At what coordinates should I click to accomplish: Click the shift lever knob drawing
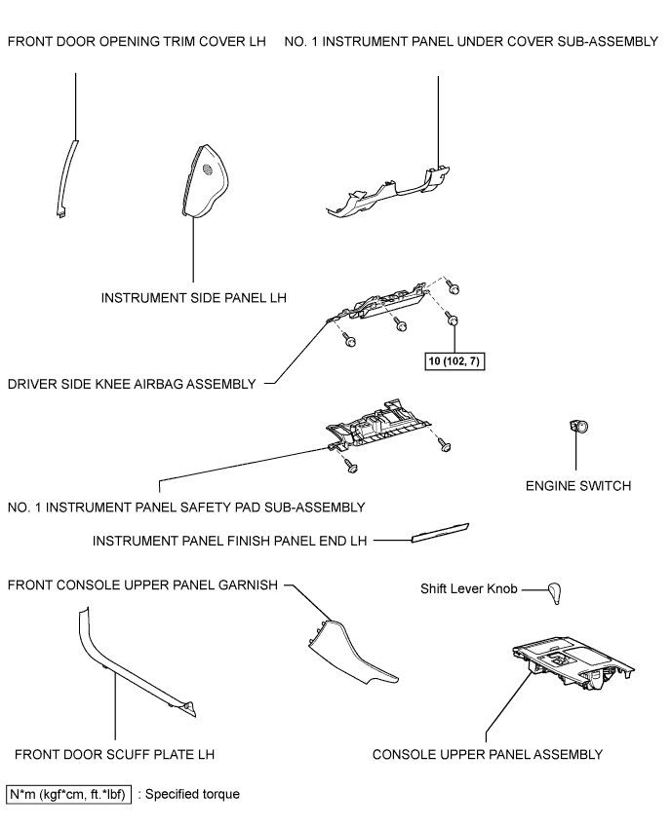pos(555,593)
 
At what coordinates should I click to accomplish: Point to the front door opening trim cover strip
pos(65,180)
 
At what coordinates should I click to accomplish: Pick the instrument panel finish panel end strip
pos(440,533)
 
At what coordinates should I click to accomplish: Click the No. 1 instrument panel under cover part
pos(388,194)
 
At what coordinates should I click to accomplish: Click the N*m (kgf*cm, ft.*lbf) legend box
pos(68,794)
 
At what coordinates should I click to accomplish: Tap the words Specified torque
pos(192,794)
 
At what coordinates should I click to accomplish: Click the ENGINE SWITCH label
pos(578,486)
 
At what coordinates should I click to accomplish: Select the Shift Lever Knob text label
pos(469,589)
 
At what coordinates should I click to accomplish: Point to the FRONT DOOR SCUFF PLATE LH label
pos(115,754)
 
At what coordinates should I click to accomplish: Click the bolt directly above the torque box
pos(452,320)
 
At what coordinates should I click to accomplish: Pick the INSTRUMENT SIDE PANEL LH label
pos(194,298)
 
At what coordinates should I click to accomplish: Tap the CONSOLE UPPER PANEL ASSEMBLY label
pos(488,754)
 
